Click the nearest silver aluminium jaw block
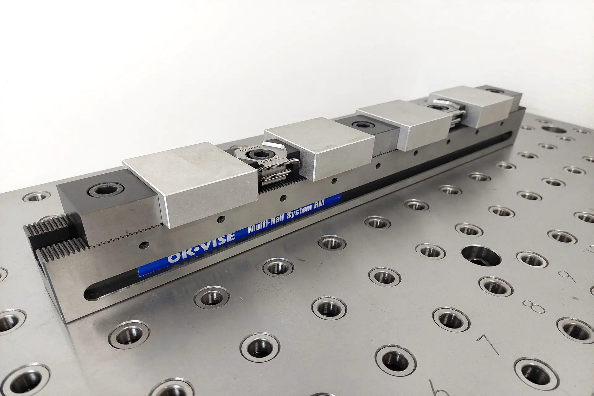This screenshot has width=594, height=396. (186, 180)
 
